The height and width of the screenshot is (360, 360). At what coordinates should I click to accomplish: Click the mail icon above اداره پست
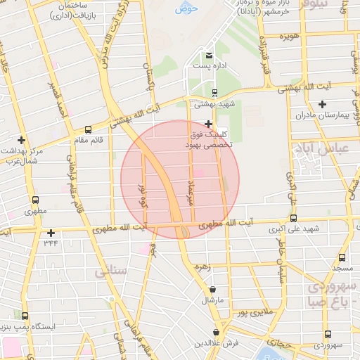coord(209,55)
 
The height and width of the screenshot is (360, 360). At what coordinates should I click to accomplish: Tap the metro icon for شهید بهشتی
coord(215,92)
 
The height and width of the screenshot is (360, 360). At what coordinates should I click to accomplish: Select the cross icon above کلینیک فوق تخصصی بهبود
coord(208,123)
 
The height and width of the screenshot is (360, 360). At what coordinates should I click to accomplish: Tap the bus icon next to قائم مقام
coord(88,129)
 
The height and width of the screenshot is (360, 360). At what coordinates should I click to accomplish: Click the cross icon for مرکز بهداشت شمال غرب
coord(22,140)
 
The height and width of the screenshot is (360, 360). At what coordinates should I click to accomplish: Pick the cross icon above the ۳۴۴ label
coord(51,233)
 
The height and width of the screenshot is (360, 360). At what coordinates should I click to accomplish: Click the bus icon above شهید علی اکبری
coord(293,218)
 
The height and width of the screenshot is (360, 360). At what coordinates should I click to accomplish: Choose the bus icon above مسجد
coord(342,257)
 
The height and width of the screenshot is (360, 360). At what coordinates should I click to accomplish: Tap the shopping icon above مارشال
coord(213,289)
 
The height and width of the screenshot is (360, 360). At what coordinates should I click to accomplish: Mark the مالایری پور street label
coord(252,310)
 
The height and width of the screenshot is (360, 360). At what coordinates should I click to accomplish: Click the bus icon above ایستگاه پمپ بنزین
coord(25,316)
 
